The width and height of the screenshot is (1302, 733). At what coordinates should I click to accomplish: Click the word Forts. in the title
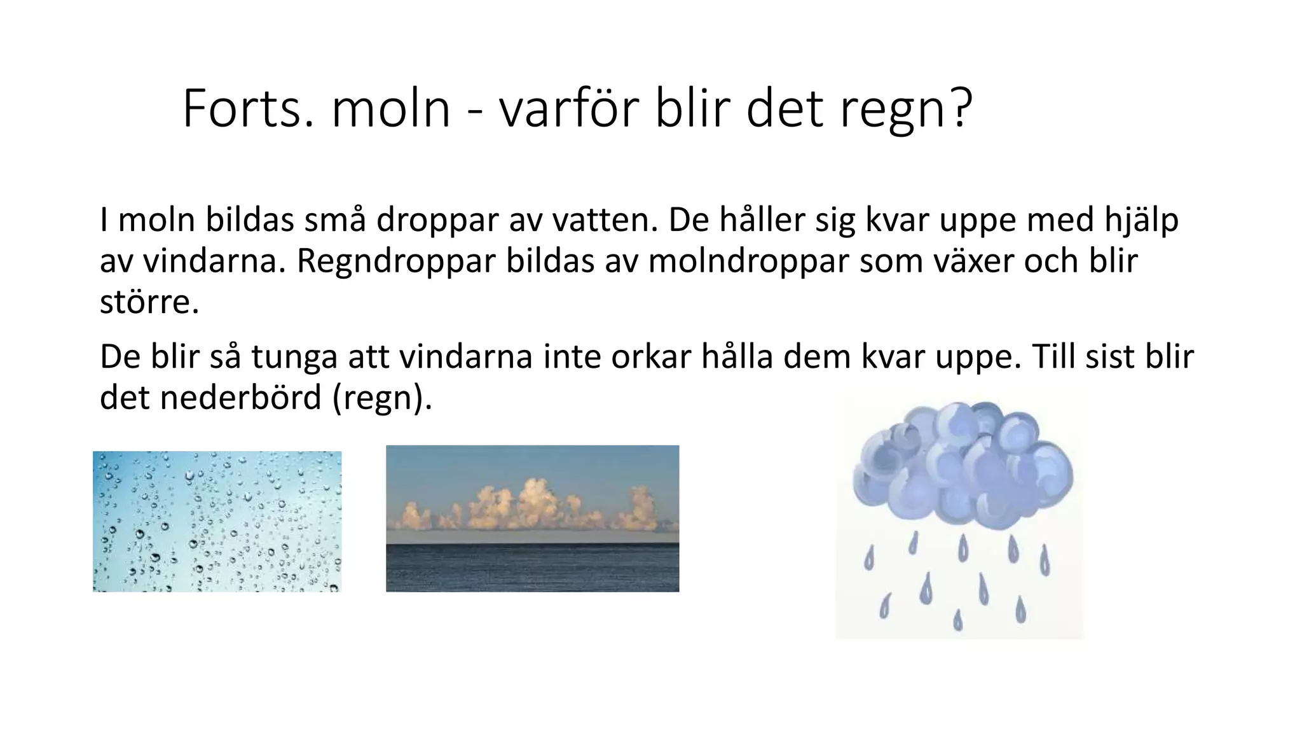(x=248, y=109)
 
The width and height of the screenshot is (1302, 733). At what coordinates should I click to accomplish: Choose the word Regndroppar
(x=395, y=262)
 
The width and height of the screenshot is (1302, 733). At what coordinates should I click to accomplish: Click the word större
(x=149, y=302)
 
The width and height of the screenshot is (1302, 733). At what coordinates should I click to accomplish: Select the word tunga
(x=294, y=358)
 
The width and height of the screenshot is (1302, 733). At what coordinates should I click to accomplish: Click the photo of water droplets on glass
(x=217, y=521)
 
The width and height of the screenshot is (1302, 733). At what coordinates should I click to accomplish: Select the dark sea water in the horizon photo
(x=532, y=568)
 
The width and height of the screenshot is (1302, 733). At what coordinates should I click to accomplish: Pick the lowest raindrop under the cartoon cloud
(x=958, y=620)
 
